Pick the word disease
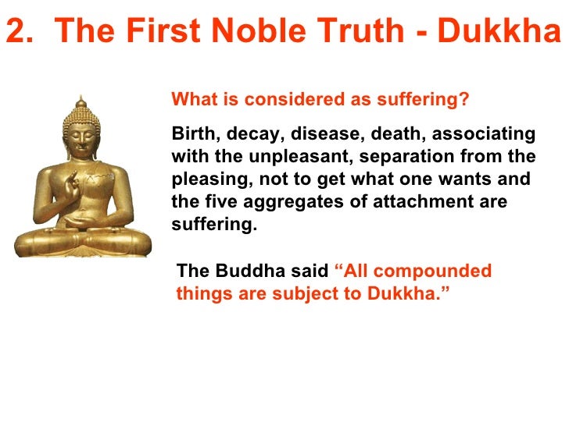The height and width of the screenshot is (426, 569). tap(323, 133)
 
